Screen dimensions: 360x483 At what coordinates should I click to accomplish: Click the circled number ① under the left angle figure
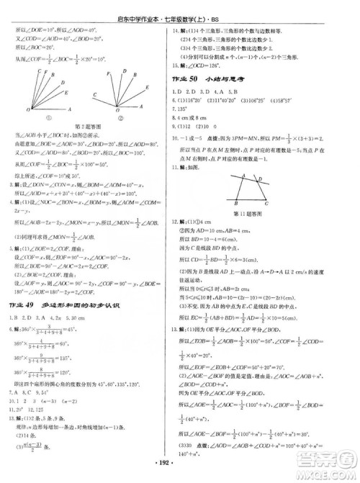(x=50, y=119)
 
